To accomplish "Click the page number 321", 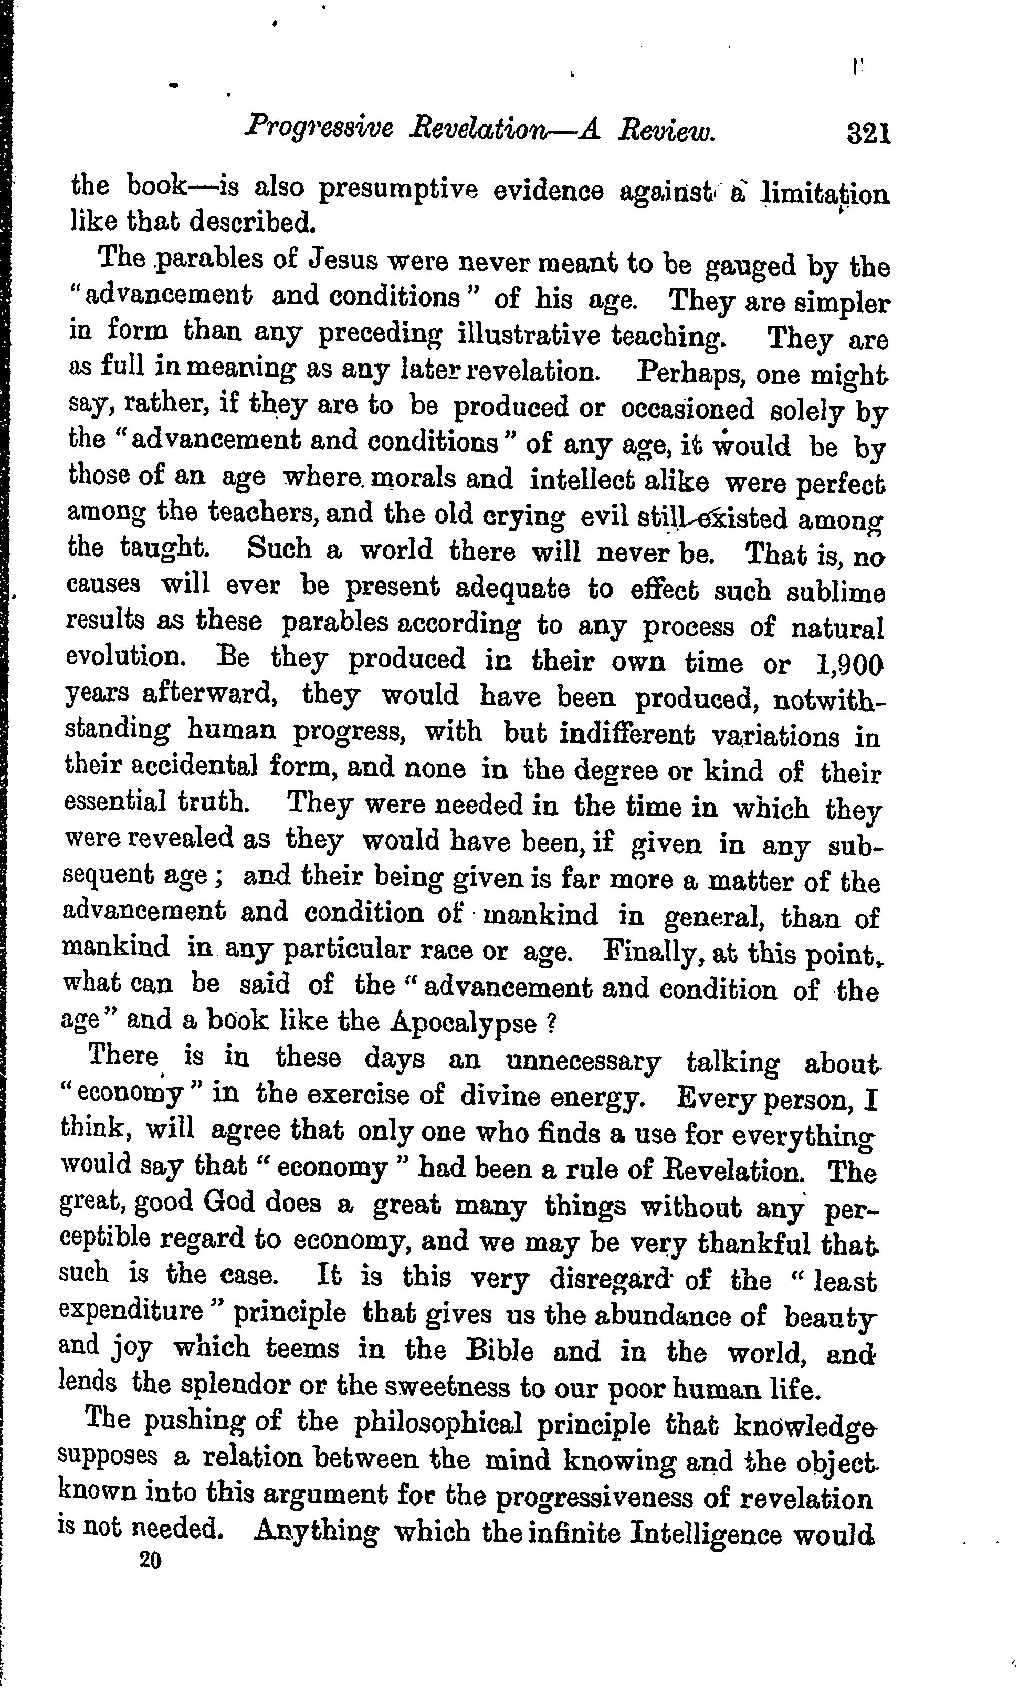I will (x=869, y=131).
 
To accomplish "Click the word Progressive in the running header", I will (x=319, y=128).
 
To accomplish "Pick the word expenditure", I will (x=131, y=1312).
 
